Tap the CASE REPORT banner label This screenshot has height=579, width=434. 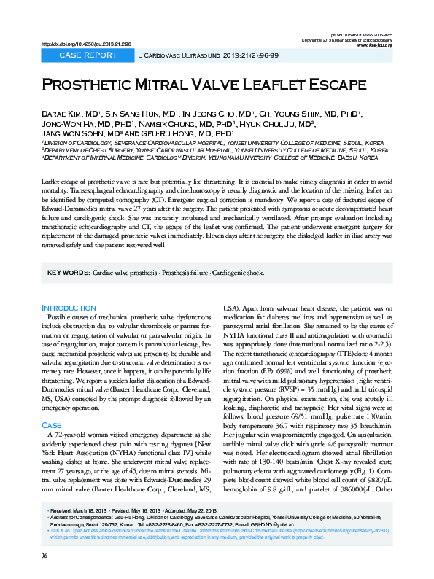pos(88,55)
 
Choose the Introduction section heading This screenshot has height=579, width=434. pos(69,308)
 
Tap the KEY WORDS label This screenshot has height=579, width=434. pos(68,273)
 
